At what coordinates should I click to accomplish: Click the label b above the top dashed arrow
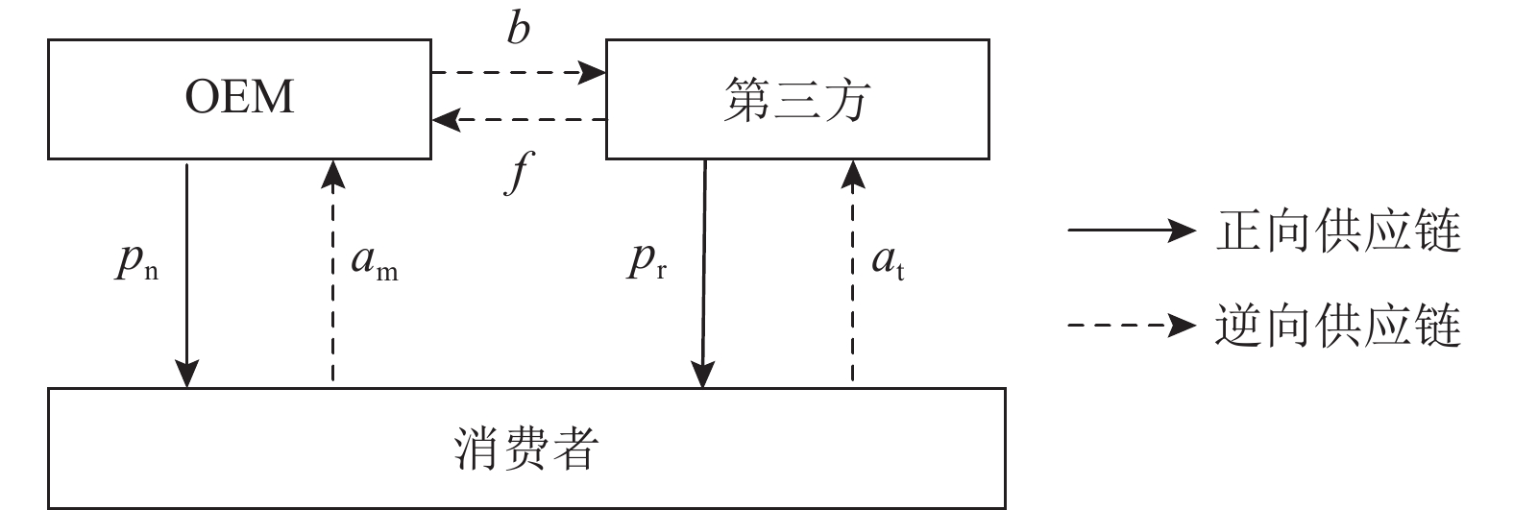[x=518, y=30]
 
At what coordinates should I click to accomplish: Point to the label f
[x=518, y=173]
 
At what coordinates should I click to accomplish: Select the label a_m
[x=374, y=261]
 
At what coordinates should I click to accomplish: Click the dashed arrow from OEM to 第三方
[x=518, y=71]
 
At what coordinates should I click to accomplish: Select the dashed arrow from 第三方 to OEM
[x=518, y=120]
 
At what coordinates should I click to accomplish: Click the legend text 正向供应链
[x=1337, y=231]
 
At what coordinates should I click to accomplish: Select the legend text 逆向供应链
[x=1337, y=327]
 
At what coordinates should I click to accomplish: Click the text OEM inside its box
[x=239, y=98]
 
